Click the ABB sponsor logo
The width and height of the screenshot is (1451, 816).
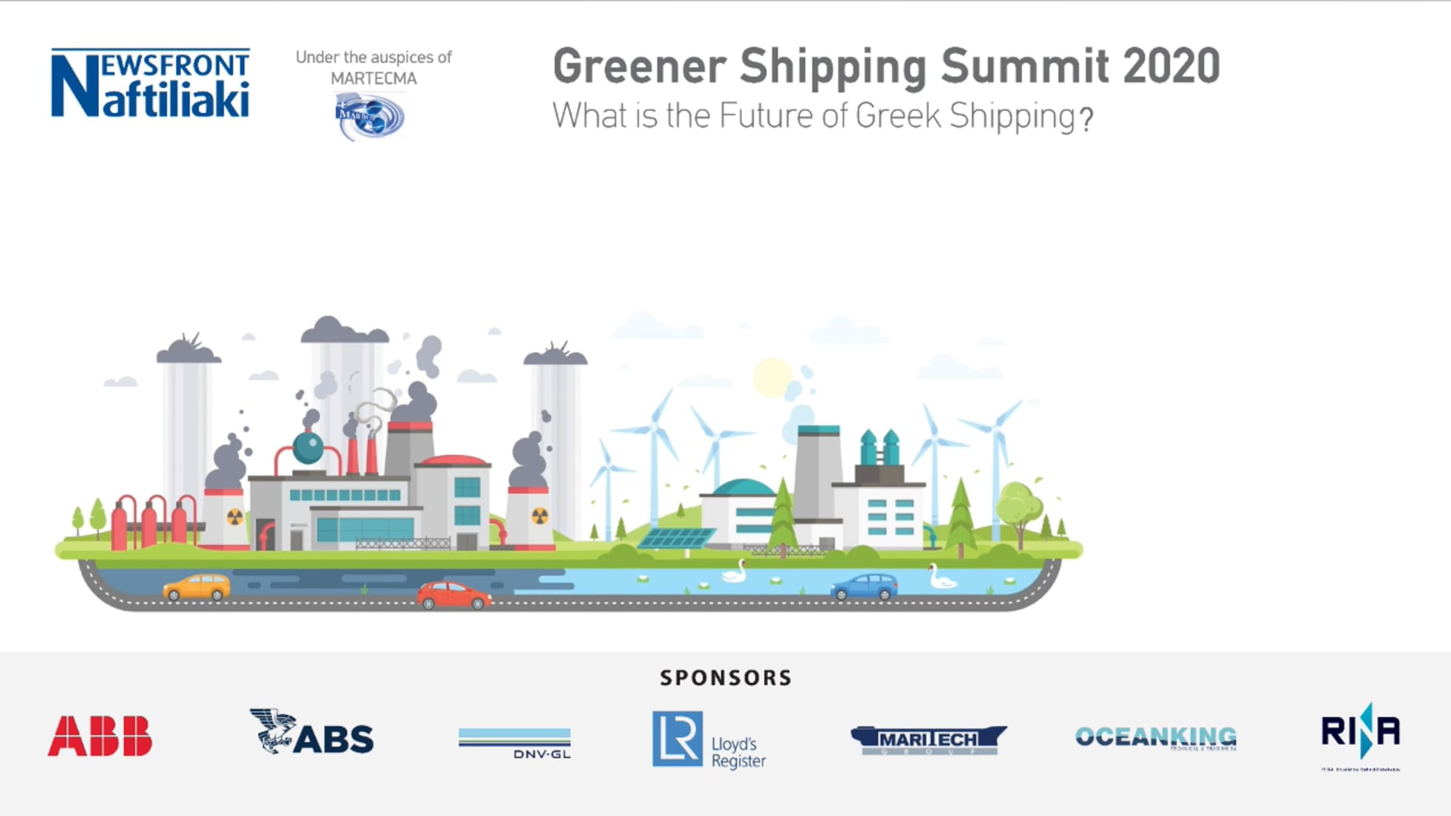coord(100,736)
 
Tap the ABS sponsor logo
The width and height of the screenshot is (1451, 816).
coord(312,733)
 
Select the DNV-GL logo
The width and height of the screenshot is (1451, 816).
coord(515,743)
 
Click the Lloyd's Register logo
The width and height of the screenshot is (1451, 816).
coord(709,740)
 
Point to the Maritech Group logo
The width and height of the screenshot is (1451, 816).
coord(928,739)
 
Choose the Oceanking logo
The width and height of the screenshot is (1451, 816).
coord(1156,737)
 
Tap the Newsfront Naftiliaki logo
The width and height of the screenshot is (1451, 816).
coord(151,83)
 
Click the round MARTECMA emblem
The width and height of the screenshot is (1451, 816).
coord(370,117)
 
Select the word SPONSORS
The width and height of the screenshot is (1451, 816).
coord(726,678)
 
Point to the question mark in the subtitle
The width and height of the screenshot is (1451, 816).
coord(1085,119)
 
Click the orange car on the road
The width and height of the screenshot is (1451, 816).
coord(196,587)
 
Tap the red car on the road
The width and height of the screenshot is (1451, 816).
coord(453,594)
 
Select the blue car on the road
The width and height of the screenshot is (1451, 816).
coord(864,586)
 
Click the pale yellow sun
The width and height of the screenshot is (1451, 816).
coord(772,377)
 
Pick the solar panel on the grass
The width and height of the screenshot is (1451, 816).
coord(675,537)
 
